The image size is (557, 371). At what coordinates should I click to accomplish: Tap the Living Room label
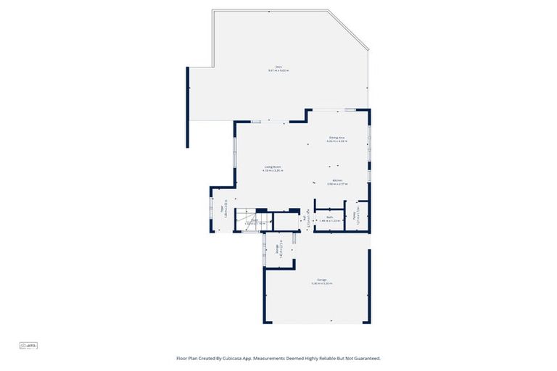pyautogui.click(x=273, y=169)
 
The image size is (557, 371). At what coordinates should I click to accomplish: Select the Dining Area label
pyautogui.click(x=337, y=138)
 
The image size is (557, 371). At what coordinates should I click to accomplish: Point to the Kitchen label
pyautogui.click(x=337, y=182)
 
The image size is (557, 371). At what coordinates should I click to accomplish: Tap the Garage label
pyautogui.click(x=321, y=280)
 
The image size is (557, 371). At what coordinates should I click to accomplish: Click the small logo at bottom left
pyautogui.click(x=28, y=346)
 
